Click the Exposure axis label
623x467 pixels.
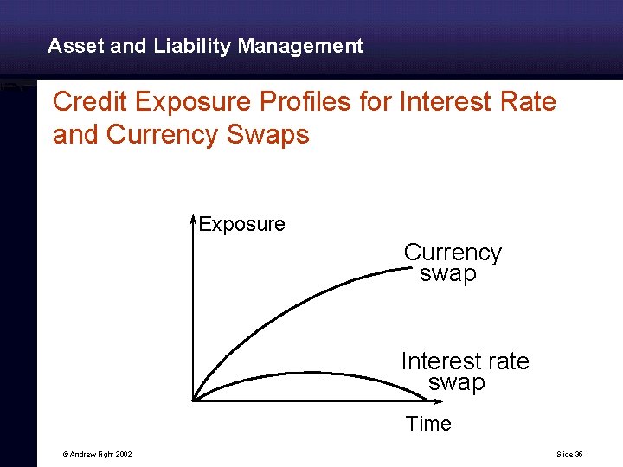click(241, 225)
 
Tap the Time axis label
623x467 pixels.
click(428, 424)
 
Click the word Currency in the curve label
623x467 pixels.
click(453, 253)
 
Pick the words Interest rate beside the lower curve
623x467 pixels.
click(465, 361)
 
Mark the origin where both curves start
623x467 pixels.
click(194, 400)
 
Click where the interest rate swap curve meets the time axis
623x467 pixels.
click(427, 399)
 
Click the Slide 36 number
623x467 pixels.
click(570, 454)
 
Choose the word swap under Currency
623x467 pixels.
click(447, 274)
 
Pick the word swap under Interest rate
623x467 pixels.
click(456, 382)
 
